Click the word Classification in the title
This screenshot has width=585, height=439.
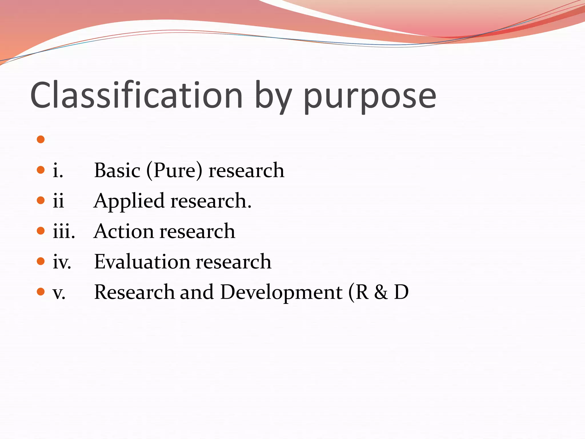coord(137,95)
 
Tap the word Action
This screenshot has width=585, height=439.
coord(124,231)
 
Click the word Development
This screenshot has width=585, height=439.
coord(281,293)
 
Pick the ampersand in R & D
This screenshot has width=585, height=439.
coord(381,292)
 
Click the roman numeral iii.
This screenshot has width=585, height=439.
coord(64,231)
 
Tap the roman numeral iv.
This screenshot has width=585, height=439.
coord(62,262)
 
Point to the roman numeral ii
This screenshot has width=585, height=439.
coord(58,201)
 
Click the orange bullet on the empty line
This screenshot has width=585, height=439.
coord(41,139)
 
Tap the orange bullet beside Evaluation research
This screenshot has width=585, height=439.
coord(41,261)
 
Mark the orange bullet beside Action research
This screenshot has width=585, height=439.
coord(41,231)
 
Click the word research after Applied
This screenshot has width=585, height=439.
coord(211,201)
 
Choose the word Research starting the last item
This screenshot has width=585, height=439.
coord(134,292)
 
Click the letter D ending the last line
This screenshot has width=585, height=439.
coord(401,292)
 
